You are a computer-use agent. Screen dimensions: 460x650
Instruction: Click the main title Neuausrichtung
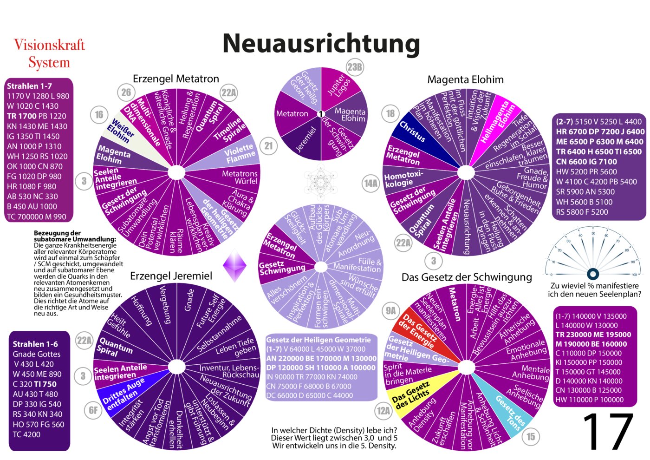click(x=321, y=43)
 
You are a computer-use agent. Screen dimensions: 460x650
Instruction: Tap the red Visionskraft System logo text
click(x=49, y=53)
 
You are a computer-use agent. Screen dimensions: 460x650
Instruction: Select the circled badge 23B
click(x=355, y=67)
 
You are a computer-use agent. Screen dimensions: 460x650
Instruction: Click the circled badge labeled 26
click(x=126, y=92)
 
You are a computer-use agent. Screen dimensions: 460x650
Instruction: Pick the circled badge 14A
click(x=370, y=183)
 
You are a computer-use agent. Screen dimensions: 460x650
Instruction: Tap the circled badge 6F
click(x=93, y=410)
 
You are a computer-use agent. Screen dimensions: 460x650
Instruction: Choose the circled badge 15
click(x=531, y=436)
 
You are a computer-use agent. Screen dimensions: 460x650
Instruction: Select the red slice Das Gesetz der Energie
click(x=418, y=330)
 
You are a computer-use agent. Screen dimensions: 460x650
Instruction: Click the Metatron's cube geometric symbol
click(x=320, y=182)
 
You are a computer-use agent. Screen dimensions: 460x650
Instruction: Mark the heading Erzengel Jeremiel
click(x=171, y=276)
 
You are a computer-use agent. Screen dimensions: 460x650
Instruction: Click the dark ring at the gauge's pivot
click(x=592, y=274)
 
